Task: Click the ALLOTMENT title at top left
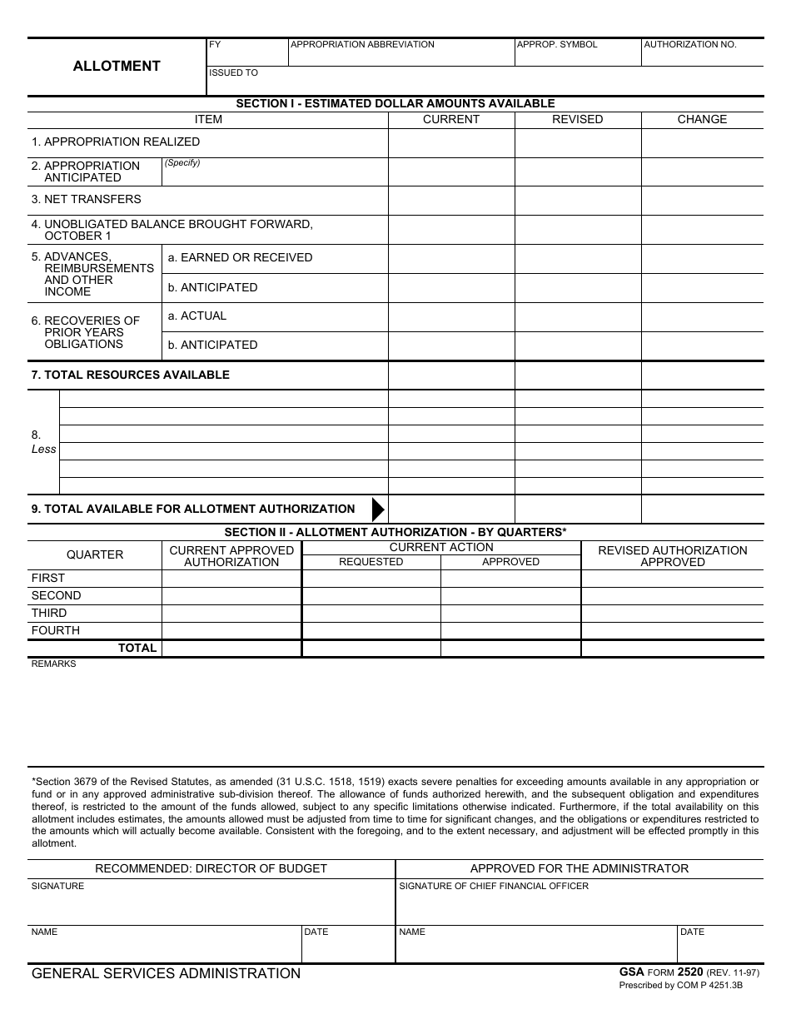[x=117, y=67]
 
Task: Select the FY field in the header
[x=246, y=53]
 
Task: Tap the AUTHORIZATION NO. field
[x=702, y=53]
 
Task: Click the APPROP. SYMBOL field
[x=578, y=53]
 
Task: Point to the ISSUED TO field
[x=485, y=82]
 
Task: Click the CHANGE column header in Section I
[x=702, y=119]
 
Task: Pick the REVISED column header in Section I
[x=577, y=119]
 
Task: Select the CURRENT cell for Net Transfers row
[x=451, y=201]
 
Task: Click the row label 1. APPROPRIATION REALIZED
[x=116, y=142]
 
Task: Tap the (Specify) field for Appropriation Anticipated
[x=275, y=173]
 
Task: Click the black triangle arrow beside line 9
[x=378, y=509]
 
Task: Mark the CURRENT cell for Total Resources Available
[x=451, y=375]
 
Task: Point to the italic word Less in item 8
[x=43, y=450]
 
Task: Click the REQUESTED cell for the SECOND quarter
[x=371, y=596]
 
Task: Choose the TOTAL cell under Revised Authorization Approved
[x=672, y=649]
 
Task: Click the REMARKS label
[x=53, y=664]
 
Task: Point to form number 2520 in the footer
[x=690, y=972]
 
